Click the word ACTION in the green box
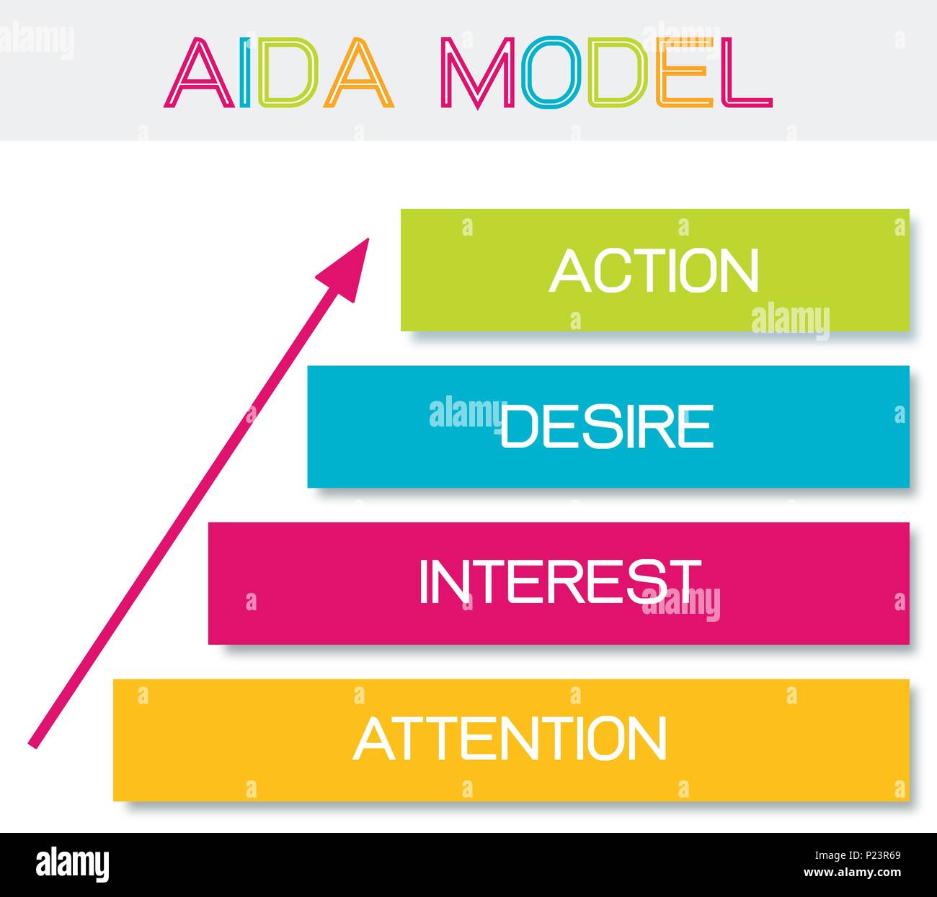pos(654,271)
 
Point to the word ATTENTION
pos(510,738)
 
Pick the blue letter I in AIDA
pos(245,73)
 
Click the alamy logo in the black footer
pos(73,862)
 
